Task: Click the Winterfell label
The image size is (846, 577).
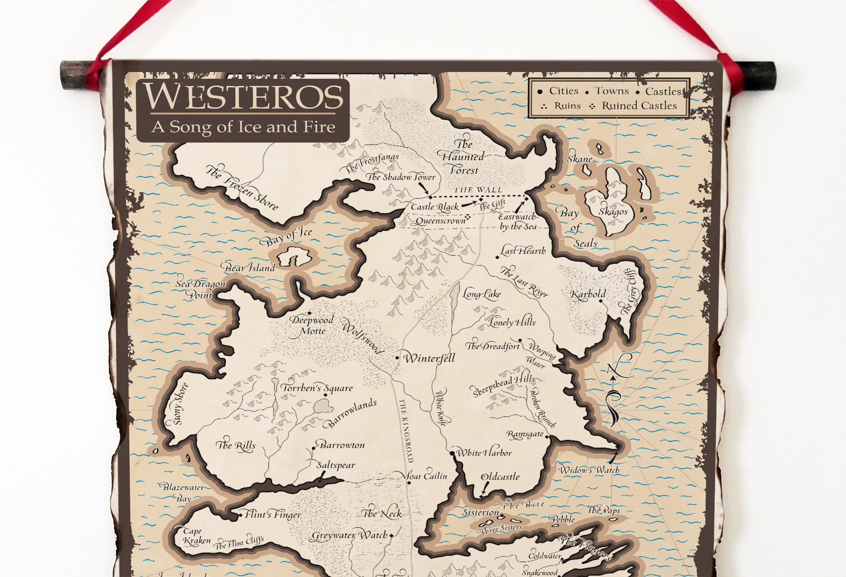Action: coord(429,359)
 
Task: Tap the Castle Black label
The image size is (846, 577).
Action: coord(434,207)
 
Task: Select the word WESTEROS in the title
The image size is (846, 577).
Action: coord(244,97)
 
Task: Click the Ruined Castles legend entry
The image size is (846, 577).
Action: coord(639,106)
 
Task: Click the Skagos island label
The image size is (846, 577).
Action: coord(613,212)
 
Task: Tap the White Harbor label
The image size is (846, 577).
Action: coord(484,453)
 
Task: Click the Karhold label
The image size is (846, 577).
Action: coord(588,294)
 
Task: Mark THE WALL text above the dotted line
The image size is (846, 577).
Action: coord(478,190)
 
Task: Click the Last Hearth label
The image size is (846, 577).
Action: coord(523,251)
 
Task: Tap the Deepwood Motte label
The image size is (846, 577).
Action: coord(312,325)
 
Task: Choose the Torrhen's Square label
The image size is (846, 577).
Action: coord(317,388)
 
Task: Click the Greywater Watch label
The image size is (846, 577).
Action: coord(349,536)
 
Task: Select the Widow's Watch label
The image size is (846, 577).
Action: coord(589,470)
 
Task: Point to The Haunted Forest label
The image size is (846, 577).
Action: coord(463,157)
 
